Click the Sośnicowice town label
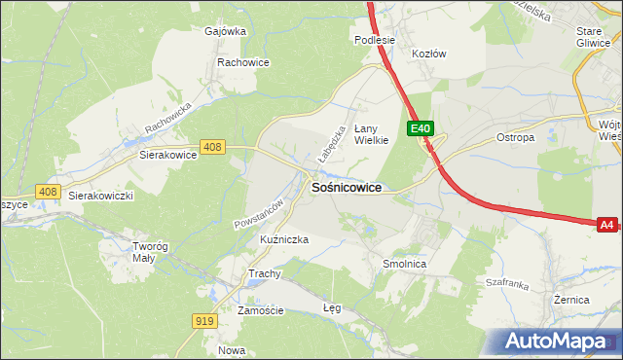(x=346, y=187)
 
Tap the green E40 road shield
(x=420, y=128)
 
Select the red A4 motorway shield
(x=606, y=225)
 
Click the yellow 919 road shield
(x=204, y=321)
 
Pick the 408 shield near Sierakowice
(x=213, y=147)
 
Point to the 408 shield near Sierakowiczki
(x=46, y=192)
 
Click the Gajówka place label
(x=225, y=30)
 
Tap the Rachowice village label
(x=242, y=62)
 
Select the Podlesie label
(x=374, y=40)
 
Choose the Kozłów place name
(x=428, y=54)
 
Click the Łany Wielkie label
(x=371, y=133)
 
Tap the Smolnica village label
(x=405, y=264)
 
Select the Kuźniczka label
(x=258, y=239)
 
